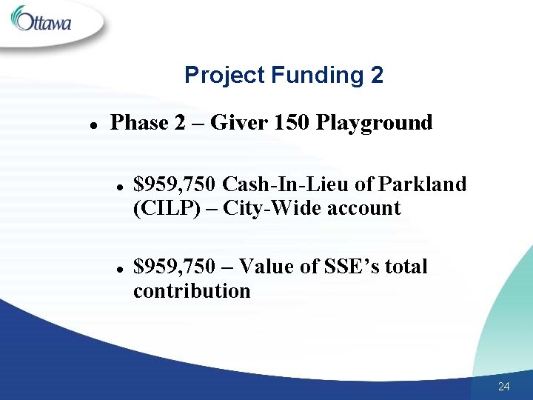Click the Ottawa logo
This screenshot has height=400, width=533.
(42, 20)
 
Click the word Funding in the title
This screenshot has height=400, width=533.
(314, 75)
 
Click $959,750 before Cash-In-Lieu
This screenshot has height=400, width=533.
(174, 184)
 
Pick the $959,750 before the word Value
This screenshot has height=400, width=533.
(174, 266)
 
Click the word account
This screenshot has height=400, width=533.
(363, 208)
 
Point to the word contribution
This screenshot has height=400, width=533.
(192, 290)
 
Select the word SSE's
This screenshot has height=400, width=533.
(351, 266)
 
